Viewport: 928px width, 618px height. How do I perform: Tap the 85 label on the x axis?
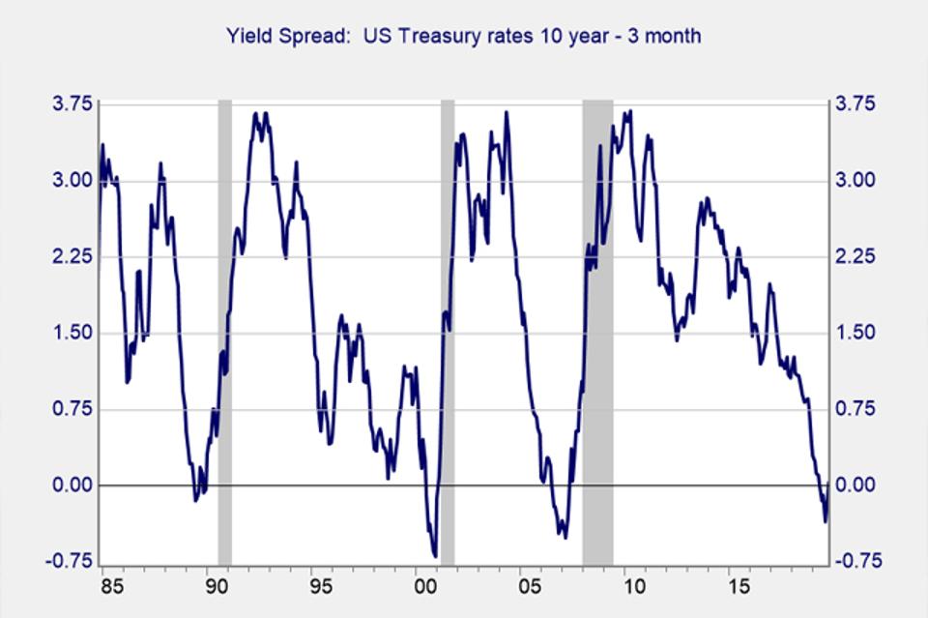pos(110,587)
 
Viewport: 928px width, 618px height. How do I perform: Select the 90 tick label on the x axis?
pos(215,587)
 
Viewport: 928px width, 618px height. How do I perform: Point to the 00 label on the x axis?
pos(425,587)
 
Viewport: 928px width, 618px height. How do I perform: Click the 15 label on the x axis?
pos(739,587)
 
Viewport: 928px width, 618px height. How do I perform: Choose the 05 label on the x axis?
pos(530,587)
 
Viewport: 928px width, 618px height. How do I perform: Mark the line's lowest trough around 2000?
pos(435,556)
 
